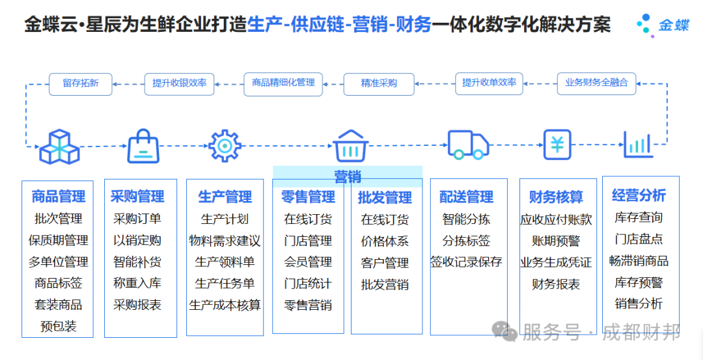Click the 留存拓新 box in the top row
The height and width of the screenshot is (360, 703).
point(81,83)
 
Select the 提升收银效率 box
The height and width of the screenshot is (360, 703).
point(179,83)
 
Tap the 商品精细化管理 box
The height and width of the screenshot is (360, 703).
point(283,83)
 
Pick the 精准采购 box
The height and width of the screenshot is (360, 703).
point(379,83)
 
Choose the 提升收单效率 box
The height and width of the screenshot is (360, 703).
point(489,83)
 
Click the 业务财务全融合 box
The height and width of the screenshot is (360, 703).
point(596,83)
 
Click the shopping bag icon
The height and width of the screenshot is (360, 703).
point(143,145)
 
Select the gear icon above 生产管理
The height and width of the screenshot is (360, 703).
point(225,145)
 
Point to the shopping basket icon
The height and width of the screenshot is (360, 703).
point(351,145)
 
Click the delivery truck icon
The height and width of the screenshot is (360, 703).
point(467,145)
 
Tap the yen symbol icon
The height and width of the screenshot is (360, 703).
point(557,145)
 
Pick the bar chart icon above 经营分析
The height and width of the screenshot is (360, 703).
point(638,145)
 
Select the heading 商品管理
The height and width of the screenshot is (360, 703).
point(58,197)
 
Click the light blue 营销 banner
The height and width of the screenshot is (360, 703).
point(348,176)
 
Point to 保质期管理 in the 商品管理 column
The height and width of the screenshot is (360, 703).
point(58,240)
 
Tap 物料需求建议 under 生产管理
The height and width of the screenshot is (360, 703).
point(225,241)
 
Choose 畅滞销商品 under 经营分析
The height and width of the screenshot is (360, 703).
point(639,260)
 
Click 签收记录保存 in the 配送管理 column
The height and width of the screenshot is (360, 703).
point(466,262)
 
